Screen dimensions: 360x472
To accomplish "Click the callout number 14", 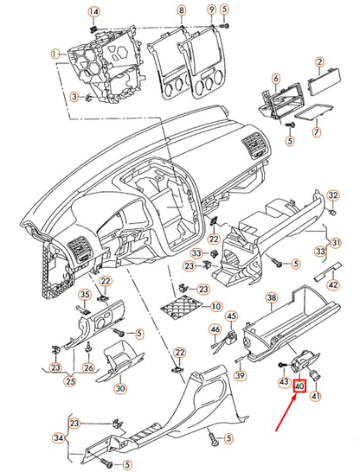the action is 94,12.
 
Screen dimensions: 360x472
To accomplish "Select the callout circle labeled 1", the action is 55,54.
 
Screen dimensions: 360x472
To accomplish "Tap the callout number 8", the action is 181,11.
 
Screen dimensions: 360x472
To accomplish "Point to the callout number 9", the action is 211,10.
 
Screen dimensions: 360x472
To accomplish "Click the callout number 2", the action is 319,62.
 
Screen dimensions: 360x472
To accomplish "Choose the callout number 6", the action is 276,80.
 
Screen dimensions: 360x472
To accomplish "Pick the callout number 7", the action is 317,132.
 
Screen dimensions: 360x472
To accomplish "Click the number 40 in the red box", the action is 299,386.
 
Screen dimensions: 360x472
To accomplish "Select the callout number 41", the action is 315,396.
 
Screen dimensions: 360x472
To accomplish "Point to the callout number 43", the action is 284,382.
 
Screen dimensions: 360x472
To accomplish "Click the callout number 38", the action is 272,298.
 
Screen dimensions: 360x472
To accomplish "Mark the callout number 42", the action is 333,284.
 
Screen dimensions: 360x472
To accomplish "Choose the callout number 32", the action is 333,195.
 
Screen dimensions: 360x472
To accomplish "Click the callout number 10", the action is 215,307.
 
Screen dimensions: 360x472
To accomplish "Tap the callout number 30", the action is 120,389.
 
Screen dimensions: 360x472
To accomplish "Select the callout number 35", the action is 85,295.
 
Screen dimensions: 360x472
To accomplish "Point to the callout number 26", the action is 88,367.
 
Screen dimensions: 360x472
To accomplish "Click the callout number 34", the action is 59,438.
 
